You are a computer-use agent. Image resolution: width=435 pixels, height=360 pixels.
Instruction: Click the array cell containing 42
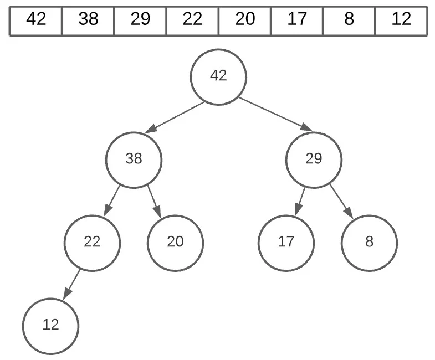36,20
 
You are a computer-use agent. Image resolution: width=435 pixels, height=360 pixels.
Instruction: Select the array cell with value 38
88,20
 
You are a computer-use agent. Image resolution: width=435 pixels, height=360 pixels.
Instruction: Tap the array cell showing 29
140,20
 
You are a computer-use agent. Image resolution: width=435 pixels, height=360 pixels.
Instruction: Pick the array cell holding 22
192,20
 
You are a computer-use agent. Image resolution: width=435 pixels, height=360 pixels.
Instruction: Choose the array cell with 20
244,20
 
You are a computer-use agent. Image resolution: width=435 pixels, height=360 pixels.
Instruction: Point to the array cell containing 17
297,20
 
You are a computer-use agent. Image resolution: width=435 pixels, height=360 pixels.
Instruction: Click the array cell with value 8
349,20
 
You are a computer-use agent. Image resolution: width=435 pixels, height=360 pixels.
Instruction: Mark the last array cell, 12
401,20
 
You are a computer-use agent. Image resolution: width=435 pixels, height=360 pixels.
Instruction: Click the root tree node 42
218,76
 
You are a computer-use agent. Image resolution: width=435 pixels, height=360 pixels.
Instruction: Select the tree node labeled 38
134,160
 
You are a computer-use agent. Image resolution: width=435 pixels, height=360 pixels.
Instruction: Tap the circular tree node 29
314,160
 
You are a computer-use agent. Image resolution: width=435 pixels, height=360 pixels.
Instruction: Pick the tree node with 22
92,243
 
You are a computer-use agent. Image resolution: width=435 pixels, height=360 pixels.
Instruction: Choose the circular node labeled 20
175,243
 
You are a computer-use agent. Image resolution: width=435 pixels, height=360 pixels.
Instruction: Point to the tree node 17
286,243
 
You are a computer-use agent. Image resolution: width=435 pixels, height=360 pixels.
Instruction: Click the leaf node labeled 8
369,243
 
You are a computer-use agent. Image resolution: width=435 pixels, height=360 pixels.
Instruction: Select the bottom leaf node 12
51,325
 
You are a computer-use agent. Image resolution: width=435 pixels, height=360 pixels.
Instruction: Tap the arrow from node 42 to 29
275,115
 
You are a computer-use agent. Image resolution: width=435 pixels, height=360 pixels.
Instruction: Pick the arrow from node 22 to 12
72,284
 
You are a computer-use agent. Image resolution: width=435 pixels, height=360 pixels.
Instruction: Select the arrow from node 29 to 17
300,201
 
